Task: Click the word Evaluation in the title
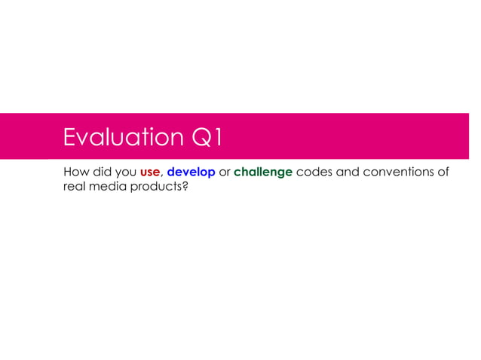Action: coord(121,138)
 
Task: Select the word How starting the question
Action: coord(75,172)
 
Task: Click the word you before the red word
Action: coord(125,172)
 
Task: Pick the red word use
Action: coord(150,172)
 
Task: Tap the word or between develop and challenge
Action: coord(225,172)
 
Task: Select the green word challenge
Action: coord(263,172)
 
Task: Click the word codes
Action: coord(315,172)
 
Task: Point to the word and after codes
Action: coord(349,172)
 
